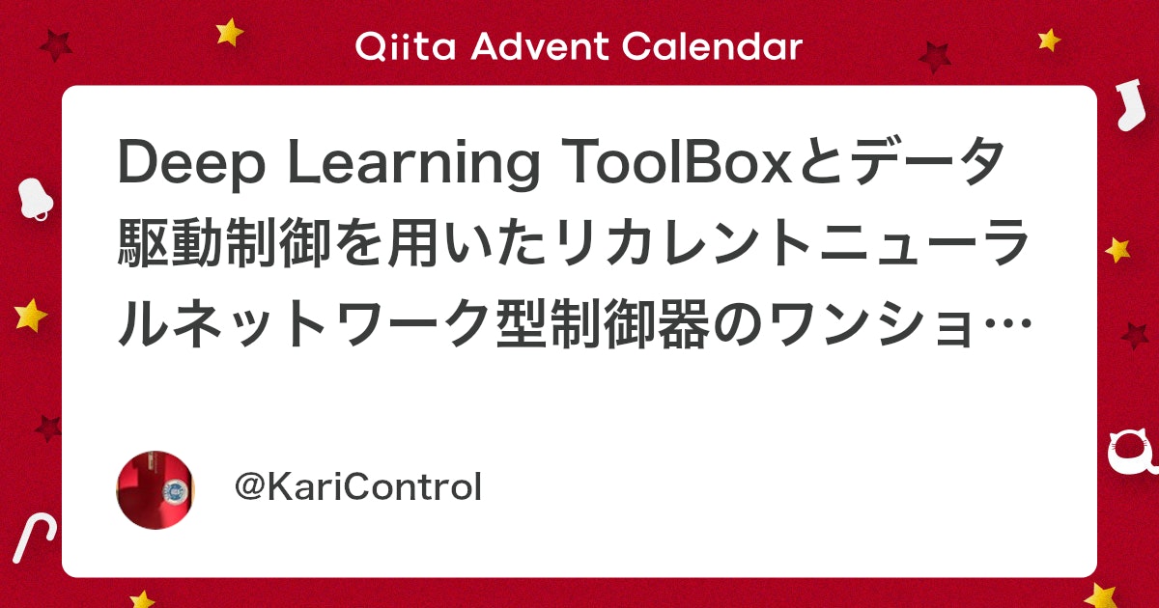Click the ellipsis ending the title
(1004, 326)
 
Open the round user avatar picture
(155, 488)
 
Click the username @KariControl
(358, 488)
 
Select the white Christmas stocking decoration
(1124, 105)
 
